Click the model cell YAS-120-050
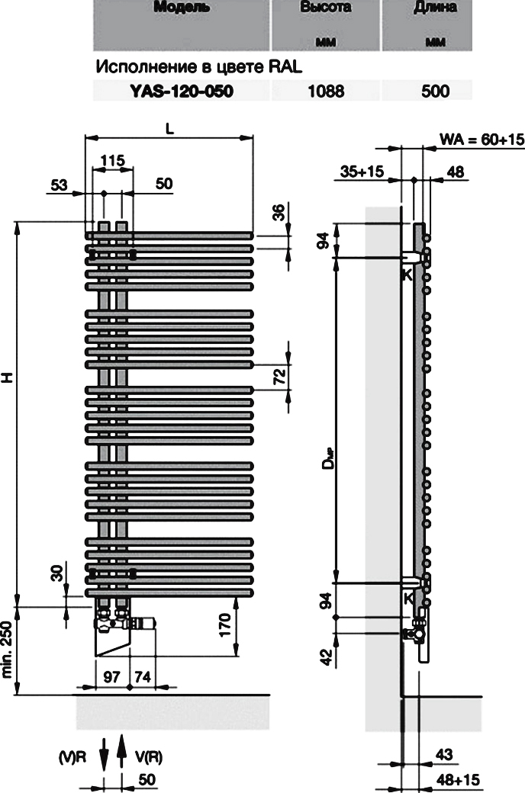click(x=182, y=91)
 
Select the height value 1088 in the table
click(x=326, y=91)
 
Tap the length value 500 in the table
click(x=435, y=91)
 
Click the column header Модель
click(x=182, y=7)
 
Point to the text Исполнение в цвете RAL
click(x=199, y=67)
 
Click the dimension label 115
click(x=112, y=161)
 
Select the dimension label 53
click(x=59, y=185)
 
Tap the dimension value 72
click(x=280, y=377)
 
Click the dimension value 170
click(x=225, y=625)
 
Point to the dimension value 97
click(x=111, y=676)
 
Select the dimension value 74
click(x=143, y=676)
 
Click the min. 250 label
click(x=7, y=650)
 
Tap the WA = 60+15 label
click(x=482, y=139)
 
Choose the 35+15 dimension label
click(x=362, y=172)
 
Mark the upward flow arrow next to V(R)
click(x=121, y=752)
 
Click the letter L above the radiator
click(x=169, y=128)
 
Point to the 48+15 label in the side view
click(x=458, y=779)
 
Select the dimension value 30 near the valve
click(x=57, y=573)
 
